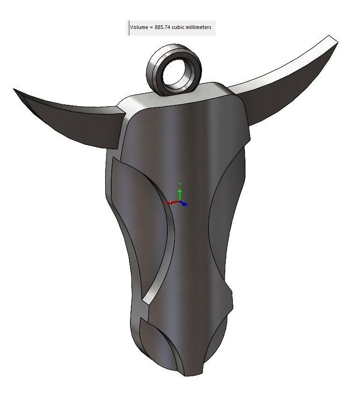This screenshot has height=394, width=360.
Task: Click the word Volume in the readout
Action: point(138,28)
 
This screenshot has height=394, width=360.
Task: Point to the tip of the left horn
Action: point(14,89)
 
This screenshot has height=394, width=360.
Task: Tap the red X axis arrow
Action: point(171,203)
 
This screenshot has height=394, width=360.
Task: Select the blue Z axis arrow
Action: point(186,204)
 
